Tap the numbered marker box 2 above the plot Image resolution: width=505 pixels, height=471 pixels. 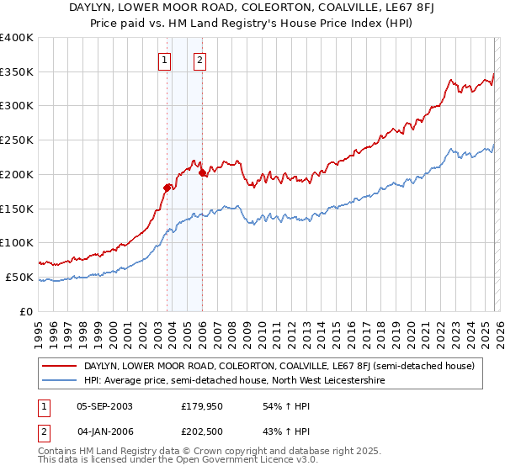[199, 60]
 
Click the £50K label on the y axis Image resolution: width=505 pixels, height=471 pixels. [19, 277]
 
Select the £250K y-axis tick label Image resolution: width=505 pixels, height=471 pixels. [17, 140]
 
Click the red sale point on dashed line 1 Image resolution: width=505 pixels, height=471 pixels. [167, 188]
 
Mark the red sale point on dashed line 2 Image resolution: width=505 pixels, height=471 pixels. [203, 173]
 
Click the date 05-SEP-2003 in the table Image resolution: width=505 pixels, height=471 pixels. [104, 405]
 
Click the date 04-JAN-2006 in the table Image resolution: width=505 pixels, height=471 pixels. [104, 432]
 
